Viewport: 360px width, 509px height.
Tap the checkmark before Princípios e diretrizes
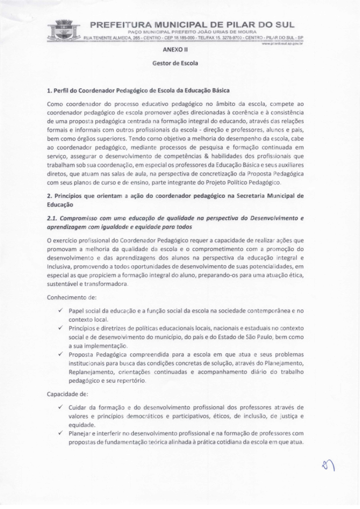(x=60, y=328)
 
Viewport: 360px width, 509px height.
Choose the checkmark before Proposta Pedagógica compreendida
(x=60, y=356)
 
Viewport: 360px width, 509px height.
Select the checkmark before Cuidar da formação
(x=60, y=407)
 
